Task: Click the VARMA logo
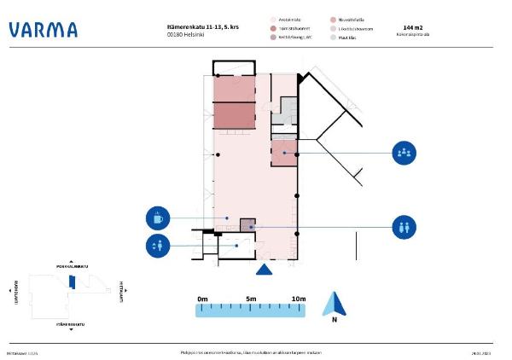click(x=43, y=30)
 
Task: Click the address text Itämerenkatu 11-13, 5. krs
click(x=202, y=27)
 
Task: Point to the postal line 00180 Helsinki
click(x=187, y=35)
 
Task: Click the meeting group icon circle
click(x=404, y=154)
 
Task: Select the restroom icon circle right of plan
click(x=404, y=228)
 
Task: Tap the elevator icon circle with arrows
click(x=157, y=247)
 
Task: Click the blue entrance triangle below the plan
click(x=265, y=270)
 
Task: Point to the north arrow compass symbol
click(x=335, y=305)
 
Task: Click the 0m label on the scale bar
click(x=202, y=299)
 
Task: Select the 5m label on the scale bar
click(x=251, y=299)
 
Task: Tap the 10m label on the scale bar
click(x=299, y=299)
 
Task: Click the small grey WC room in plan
click(x=247, y=225)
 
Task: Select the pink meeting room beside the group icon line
click(x=284, y=153)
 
